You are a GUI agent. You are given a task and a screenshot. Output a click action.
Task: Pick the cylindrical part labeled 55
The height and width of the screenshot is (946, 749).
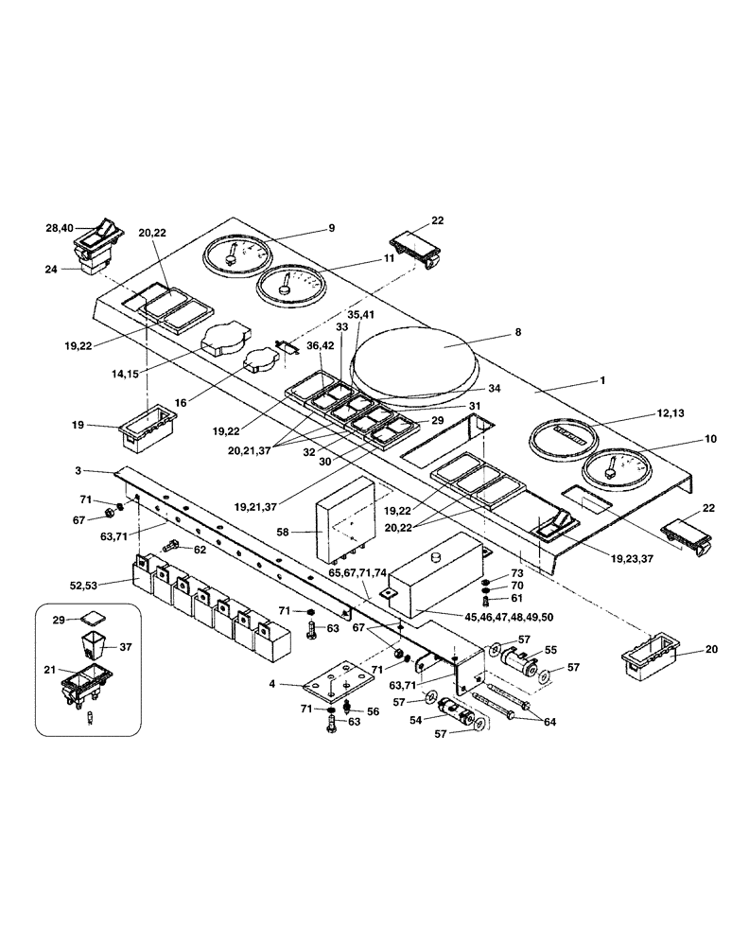[514, 658]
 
